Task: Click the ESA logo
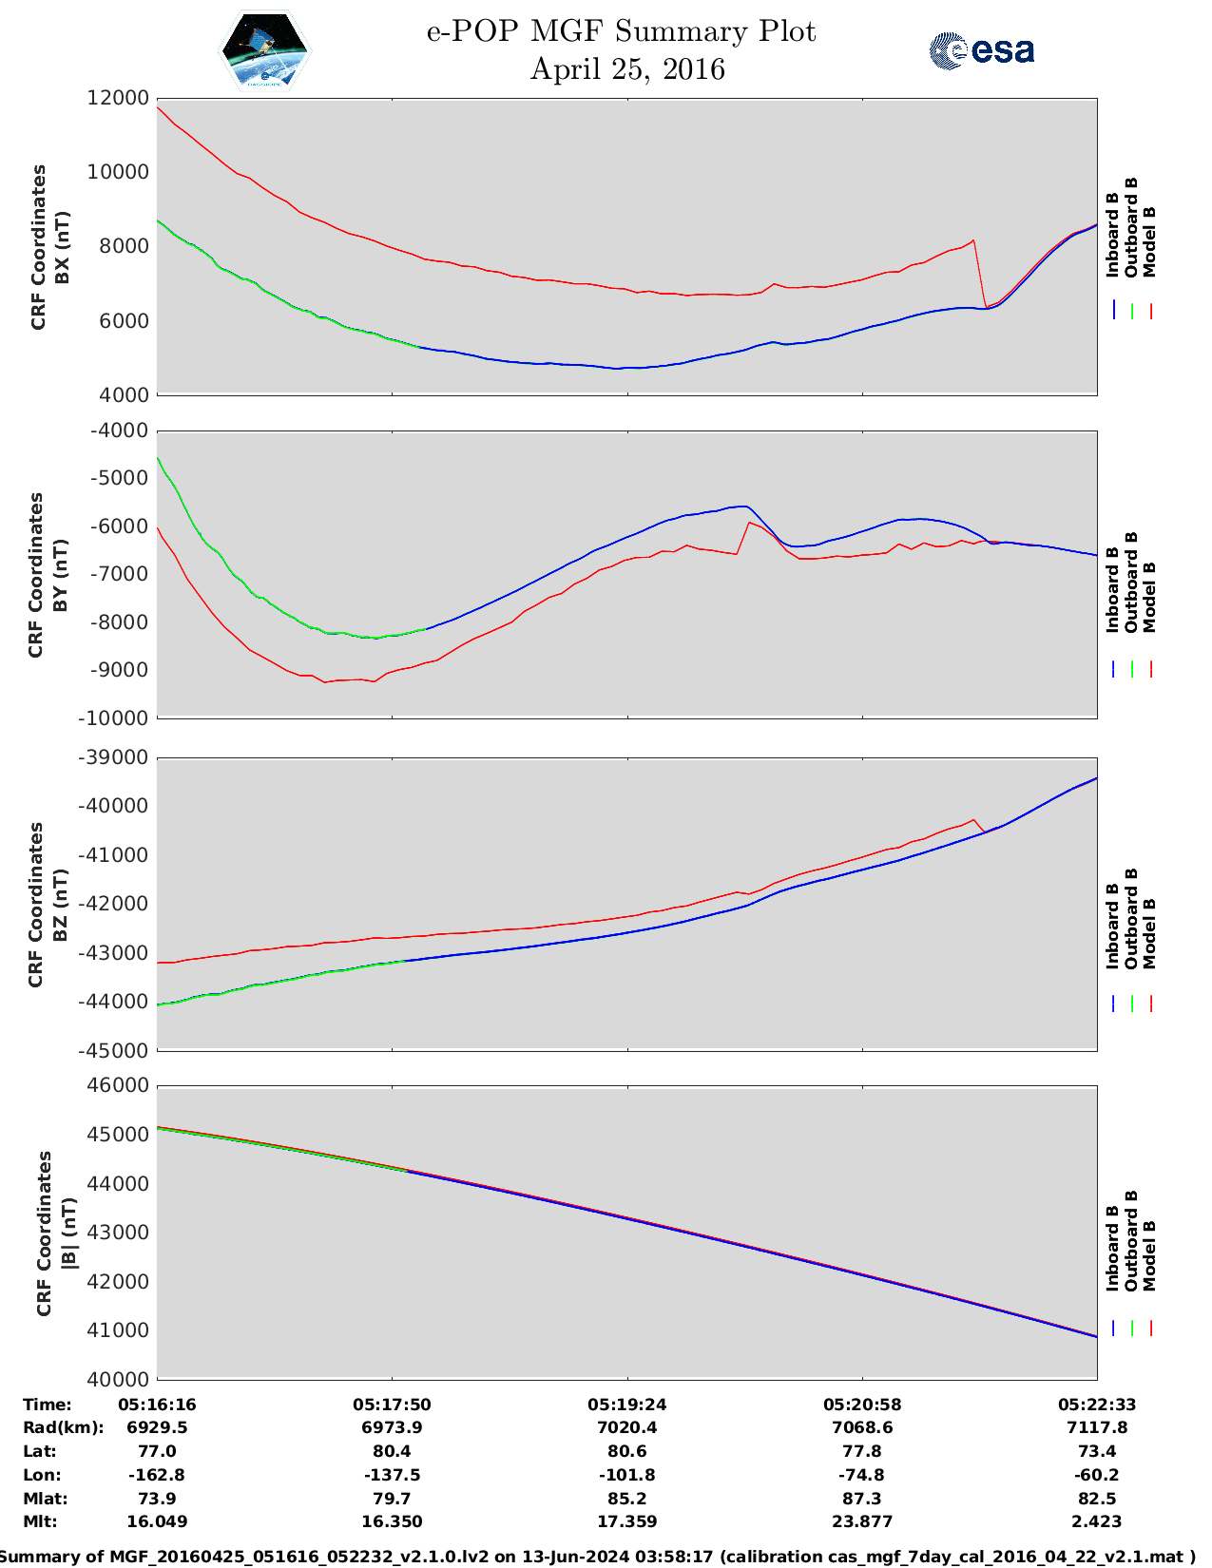tap(982, 50)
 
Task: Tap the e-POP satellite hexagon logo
tap(265, 50)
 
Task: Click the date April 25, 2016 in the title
tap(627, 69)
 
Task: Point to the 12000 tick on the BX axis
tap(119, 98)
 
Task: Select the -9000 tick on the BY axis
tap(119, 670)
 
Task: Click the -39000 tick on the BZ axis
tap(113, 757)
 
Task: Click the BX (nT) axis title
tap(63, 247)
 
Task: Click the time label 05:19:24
tap(626, 1405)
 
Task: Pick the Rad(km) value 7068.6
tap(862, 1427)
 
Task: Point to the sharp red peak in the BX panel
tap(973, 240)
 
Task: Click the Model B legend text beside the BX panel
tap(1149, 242)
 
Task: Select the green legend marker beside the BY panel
tap(1132, 669)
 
